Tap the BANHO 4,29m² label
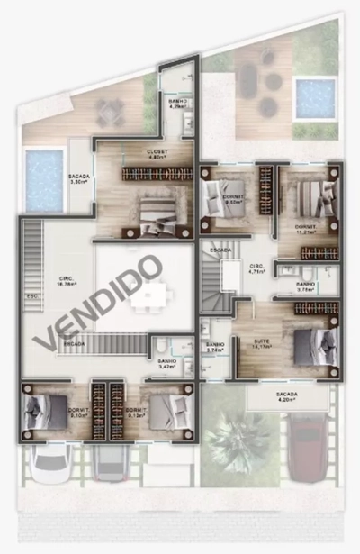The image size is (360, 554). click(178, 105)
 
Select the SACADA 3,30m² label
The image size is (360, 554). click(78, 178)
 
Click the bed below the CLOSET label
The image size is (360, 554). click(158, 213)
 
